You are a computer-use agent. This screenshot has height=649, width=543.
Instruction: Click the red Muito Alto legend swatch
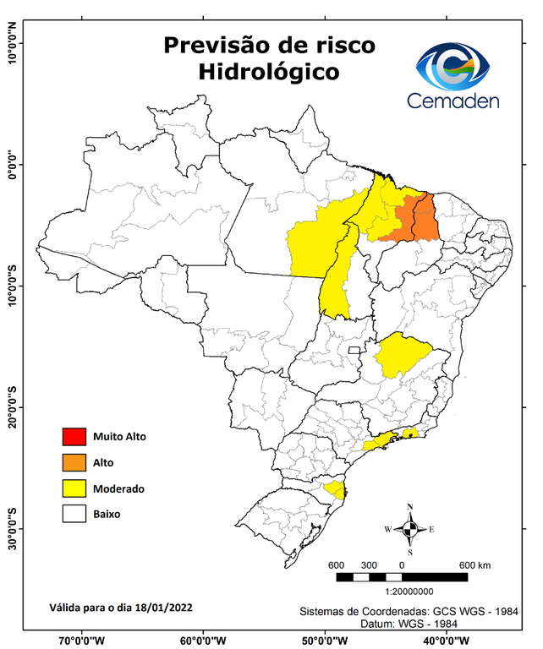point(74,437)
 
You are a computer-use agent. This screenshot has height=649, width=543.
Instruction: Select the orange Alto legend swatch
point(74,462)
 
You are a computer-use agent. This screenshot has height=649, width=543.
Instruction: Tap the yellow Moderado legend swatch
point(74,488)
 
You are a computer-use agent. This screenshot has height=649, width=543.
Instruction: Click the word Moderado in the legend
point(118,488)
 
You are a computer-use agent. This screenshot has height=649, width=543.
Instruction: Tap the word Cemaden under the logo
point(453,101)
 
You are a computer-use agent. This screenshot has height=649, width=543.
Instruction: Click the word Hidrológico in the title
point(269,73)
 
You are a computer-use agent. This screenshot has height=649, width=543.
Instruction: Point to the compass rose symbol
point(409,529)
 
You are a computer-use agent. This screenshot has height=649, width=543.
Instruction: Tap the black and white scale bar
point(402,577)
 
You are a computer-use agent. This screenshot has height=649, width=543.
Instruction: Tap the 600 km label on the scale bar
point(475,564)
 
